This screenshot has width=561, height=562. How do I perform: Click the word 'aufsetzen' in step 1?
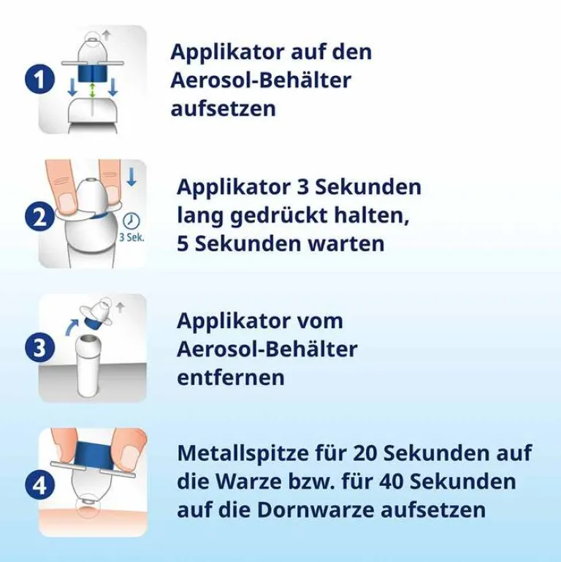224,109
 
